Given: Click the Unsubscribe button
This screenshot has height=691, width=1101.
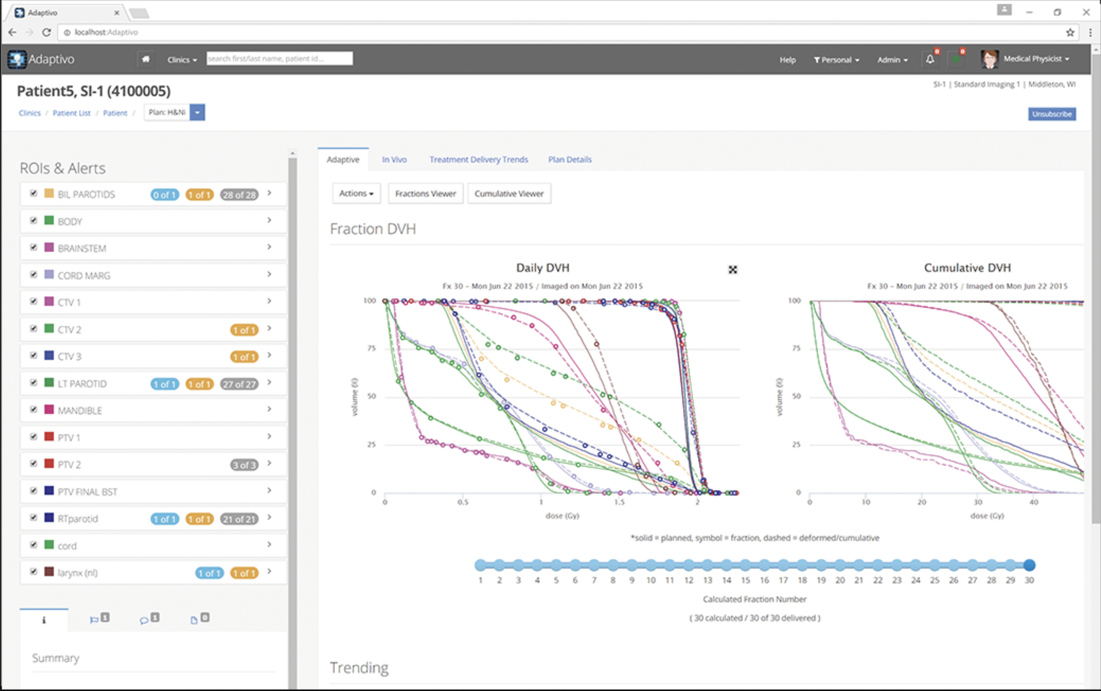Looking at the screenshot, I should coord(1051,114).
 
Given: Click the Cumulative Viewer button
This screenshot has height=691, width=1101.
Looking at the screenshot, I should coord(508,194).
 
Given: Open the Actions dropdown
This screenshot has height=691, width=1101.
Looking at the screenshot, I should coord(356,194).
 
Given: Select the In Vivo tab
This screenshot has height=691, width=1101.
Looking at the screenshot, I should coord(394,160).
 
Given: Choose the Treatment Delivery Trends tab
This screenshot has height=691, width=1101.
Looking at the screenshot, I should coord(478,160).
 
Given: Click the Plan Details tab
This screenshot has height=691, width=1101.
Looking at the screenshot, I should coord(570,160).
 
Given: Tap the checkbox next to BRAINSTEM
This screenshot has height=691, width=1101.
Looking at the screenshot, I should coord(33,247).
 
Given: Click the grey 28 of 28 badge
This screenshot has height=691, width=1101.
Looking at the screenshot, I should coord(239,195).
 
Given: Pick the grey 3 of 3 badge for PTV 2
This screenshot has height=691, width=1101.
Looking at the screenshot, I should coord(244,465).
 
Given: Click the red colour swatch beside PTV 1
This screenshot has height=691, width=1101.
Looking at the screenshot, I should coord(49,437).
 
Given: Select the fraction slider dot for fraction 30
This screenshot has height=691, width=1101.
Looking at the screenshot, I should coord(1029,565).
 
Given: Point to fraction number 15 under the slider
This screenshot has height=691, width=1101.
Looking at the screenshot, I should coord(745,580).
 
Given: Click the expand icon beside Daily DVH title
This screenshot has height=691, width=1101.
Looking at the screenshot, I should coord(732,270).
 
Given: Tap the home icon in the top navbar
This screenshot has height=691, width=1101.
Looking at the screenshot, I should coord(145,59).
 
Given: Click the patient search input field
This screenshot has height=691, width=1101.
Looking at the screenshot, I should coord(279,58).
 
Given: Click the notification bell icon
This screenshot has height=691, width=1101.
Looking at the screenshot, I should coord(930,59).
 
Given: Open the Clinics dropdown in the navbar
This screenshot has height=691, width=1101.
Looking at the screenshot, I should coord(181,60).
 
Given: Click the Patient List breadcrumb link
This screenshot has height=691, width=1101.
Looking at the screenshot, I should coord(71,113).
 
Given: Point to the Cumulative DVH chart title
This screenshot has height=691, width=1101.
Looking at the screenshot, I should coord(967,268).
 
